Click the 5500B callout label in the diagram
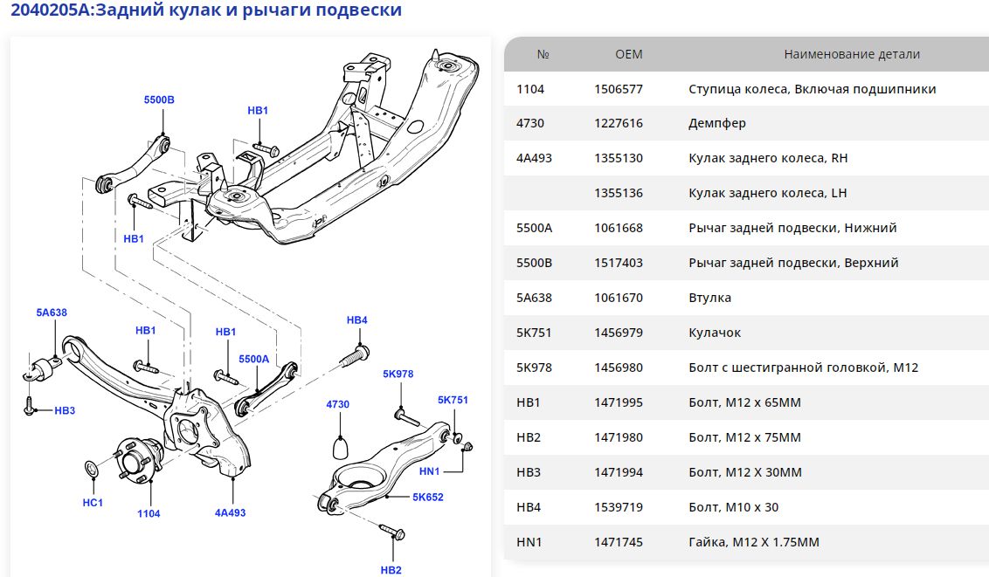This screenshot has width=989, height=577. click(x=159, y=100)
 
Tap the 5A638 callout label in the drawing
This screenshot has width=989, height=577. click(x=52, y=312)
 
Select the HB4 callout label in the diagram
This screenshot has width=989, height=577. click(x=357, y=320)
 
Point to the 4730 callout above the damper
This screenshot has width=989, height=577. click(x=337, y=404)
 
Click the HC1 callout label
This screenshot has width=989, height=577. click(x=93, y=502)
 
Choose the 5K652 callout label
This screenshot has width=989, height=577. click(x=428, y=497)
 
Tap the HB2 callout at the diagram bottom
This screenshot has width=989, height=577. click(x=391, y=570)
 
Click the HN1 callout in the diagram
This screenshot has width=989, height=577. click(x=430, y=471)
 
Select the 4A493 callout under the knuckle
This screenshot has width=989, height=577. click(x=230, y=513)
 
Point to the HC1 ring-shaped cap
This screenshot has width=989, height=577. click(x=93, y=471)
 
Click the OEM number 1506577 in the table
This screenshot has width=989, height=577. click(x=619, y=89)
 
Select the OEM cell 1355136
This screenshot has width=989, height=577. click(x=619, y=193)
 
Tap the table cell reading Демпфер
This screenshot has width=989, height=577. click(x=717, y=123)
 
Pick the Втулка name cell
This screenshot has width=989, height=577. click(x=710, y=298)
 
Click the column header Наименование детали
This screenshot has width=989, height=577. click(x=852, y=54)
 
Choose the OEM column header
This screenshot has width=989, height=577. click(x=629, y=54)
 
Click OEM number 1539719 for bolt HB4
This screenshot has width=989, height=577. click(x=619, y=507)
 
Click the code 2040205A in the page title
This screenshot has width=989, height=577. click(x=51, y=10)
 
